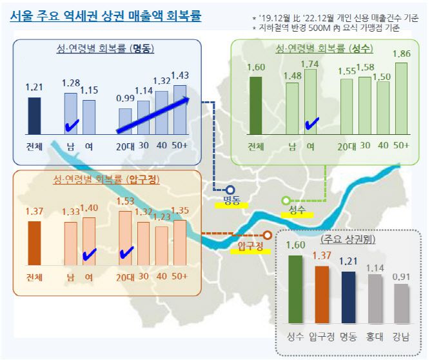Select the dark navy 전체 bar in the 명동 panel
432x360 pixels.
click(x=34, y=115)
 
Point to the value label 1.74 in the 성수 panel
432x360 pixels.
click(x=310, y=64)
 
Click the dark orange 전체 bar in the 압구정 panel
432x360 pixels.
click(x=34, y=243)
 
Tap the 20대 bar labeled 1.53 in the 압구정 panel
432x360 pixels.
click(x=125, y=238)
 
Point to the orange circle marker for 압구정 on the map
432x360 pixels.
click(x=267, y=235)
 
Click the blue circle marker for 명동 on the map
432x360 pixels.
click(x=230, y=190)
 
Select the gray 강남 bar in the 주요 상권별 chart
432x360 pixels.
click(x=401, y=303)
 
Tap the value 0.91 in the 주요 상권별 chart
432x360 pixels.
click(x=401, y=278)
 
